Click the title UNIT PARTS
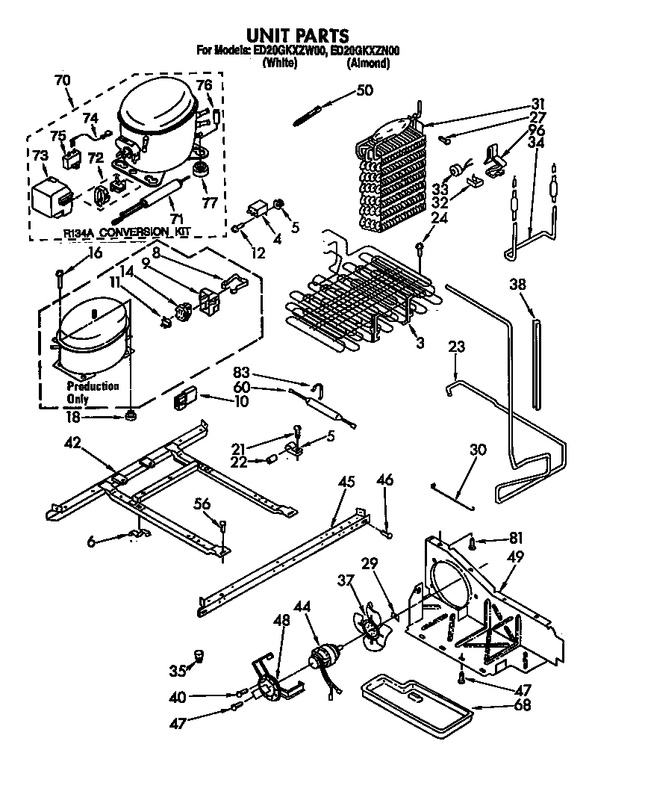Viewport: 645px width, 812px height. click(x=297, y=35)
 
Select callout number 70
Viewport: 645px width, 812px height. click(x=63, y=80)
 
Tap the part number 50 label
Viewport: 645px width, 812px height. click(x=364, y=90)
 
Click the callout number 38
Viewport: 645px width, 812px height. click(x=518, y=284)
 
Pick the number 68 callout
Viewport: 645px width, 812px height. click(x=523, y=704)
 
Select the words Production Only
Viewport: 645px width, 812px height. click(x=93, y=392)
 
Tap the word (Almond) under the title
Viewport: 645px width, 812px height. click(x=368, y=63)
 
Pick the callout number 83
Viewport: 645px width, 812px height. click(x=261, y=371)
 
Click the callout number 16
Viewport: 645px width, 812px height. click(x=95, y=252)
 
